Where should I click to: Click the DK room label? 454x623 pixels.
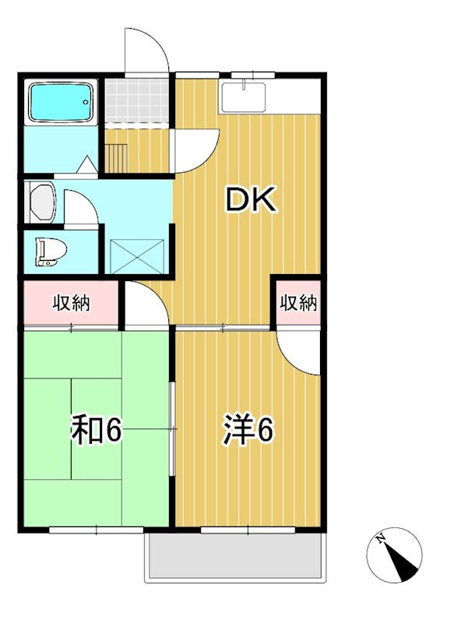click(250, 200)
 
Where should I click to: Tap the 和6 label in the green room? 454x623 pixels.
click(97, 431)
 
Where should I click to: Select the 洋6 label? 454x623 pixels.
click(248, 431)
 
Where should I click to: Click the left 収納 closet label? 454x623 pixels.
click(71, 303)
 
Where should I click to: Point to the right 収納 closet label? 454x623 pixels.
click(298, 303)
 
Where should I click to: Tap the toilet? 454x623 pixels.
click(51, 252)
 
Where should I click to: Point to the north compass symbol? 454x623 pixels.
click(394, 554)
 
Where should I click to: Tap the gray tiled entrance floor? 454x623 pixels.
click(137, 100)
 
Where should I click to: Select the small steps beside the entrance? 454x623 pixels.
click(116, 156)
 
